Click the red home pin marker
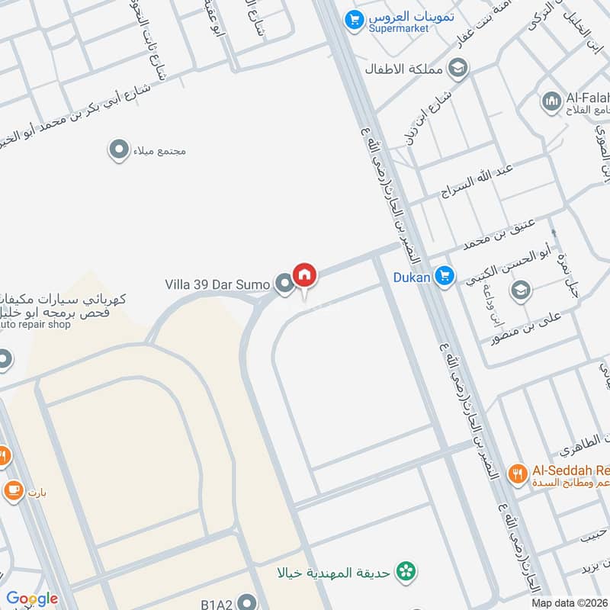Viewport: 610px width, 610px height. coord(304,274)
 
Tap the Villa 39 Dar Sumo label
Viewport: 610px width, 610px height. coord(217,284)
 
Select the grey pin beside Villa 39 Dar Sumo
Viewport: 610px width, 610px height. coord(284,284)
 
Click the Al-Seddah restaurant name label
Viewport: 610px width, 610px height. coord(569,470)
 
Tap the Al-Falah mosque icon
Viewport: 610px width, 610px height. coord(551,100)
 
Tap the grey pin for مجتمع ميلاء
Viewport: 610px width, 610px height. coord(118,150)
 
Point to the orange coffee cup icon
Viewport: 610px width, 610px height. coord(13,491)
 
